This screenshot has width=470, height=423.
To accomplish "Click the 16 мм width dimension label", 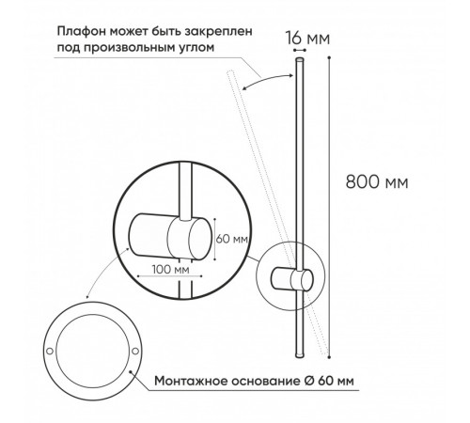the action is [x=307, y=39].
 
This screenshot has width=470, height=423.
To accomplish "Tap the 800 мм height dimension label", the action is [x=377, y=181].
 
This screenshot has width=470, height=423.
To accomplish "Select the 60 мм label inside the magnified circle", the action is [x=232, y=239].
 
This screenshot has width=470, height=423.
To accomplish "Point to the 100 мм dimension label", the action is [x=171, y=269].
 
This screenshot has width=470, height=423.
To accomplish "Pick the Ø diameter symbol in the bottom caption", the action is [x=309, y=381].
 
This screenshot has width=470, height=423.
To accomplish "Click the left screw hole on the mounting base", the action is [x=50, y=351].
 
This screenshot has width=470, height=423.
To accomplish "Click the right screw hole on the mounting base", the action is [x=135, y=351].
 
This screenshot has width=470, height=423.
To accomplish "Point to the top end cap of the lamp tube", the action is [x=300, y=60].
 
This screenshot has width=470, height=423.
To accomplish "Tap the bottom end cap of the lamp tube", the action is [x=300, y=355].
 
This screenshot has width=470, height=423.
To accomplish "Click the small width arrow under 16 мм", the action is [x=300, y=50].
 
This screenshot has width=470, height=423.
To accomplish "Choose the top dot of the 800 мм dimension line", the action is [x=329, y=57].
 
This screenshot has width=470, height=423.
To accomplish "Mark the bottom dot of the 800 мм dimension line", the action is [x=329, y=356].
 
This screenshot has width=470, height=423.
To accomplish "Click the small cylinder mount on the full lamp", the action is [x=291, y=279].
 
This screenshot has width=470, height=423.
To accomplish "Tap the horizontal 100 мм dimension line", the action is [x=170, y=276].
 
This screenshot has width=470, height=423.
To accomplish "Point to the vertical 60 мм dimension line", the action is [x=214, y=240].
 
